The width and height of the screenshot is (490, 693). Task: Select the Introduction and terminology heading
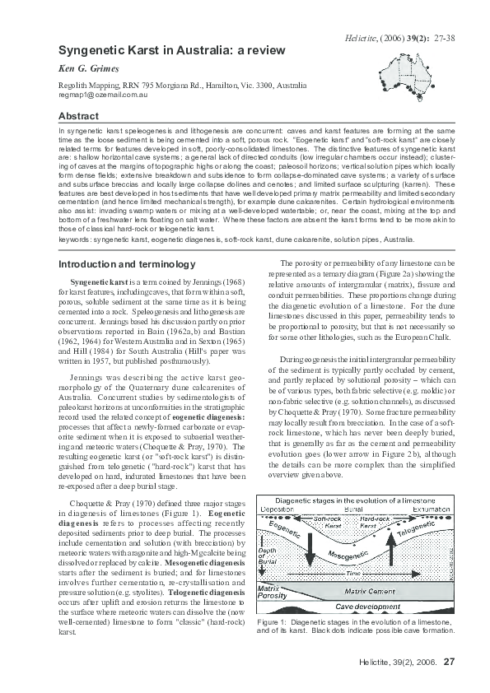pyautogui.click(x=127, y=264)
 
